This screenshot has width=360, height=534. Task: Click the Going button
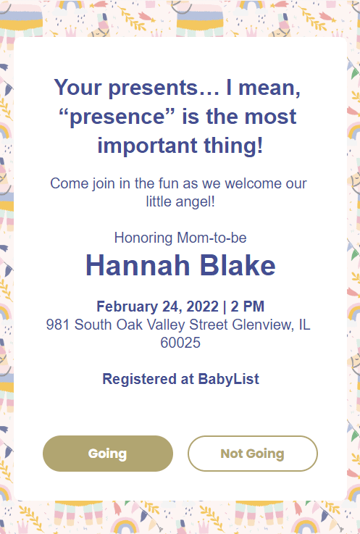[x=107, y=454]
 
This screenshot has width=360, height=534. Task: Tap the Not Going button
[x=252, y=454]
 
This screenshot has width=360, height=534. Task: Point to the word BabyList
[x=229, y=379]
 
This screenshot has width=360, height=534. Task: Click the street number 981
[x=58, y=325]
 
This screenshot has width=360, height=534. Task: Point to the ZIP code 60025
[x=180, y=343]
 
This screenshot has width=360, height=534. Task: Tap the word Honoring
[x=142, y=238]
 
